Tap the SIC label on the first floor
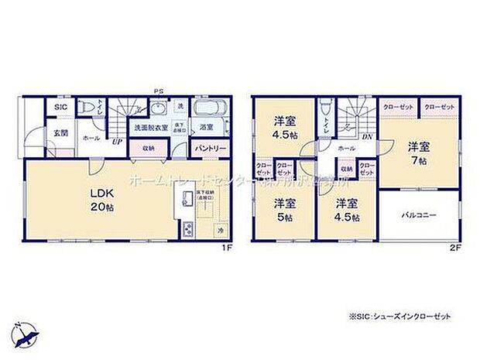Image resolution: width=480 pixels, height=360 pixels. click(60, 108)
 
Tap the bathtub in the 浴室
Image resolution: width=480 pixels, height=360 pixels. click(208, 109)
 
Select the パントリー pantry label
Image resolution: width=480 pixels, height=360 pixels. click(210, 147)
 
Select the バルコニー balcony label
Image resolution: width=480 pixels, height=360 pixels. click(420, 214)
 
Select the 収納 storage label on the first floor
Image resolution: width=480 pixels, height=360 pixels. click(148, 147)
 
